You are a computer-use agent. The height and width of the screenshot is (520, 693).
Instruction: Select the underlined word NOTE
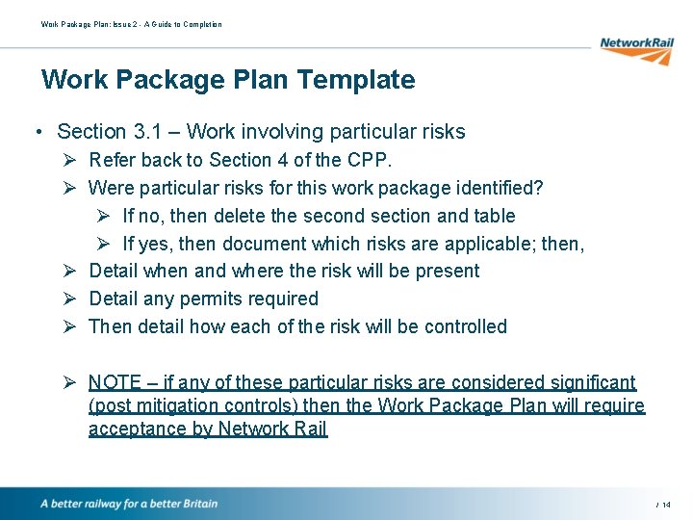coord(115,382)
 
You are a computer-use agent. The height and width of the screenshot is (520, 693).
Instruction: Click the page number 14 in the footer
coord(666,505)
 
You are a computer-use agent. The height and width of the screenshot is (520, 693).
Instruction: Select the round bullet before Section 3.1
coord(35,132)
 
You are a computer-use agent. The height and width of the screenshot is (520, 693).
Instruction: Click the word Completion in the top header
coord(202,24)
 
